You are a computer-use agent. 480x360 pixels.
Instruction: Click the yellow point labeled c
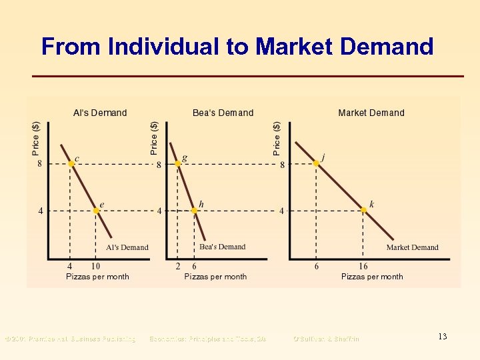(x=70, y=164)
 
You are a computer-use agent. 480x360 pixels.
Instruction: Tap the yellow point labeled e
(x=96, y=211)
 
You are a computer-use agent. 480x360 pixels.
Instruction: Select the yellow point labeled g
(x=177, y=164)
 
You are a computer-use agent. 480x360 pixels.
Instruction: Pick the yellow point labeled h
(x=194, y=211)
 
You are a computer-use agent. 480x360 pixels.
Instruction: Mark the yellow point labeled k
(x=363, y=210)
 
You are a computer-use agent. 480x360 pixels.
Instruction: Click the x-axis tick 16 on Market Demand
(x=363, y=267)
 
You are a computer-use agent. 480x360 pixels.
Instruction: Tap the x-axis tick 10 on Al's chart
(x=96, y=267)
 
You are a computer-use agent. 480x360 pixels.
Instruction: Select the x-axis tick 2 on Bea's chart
(x=177, y=267)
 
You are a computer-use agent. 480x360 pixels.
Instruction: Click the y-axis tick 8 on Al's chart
(x=40, y=164)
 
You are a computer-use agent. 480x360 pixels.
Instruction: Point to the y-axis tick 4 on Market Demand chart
(x=281, y=211)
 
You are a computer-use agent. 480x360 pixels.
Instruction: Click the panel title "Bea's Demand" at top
(x=223, y=113)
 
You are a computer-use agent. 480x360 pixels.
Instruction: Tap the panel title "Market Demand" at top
(x=371, y=113)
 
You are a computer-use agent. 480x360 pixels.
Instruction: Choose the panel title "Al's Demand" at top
(x=99, y=113)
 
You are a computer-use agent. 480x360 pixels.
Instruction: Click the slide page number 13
(x=442, y=337)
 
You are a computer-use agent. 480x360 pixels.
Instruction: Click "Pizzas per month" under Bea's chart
(x=215, y=277)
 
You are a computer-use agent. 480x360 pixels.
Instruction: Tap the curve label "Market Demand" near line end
(x=412, y=247)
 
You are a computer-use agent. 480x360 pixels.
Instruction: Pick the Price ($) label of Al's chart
(x=36, y=138)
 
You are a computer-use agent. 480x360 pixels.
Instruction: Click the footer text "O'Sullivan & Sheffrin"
(x=326, y=339)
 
